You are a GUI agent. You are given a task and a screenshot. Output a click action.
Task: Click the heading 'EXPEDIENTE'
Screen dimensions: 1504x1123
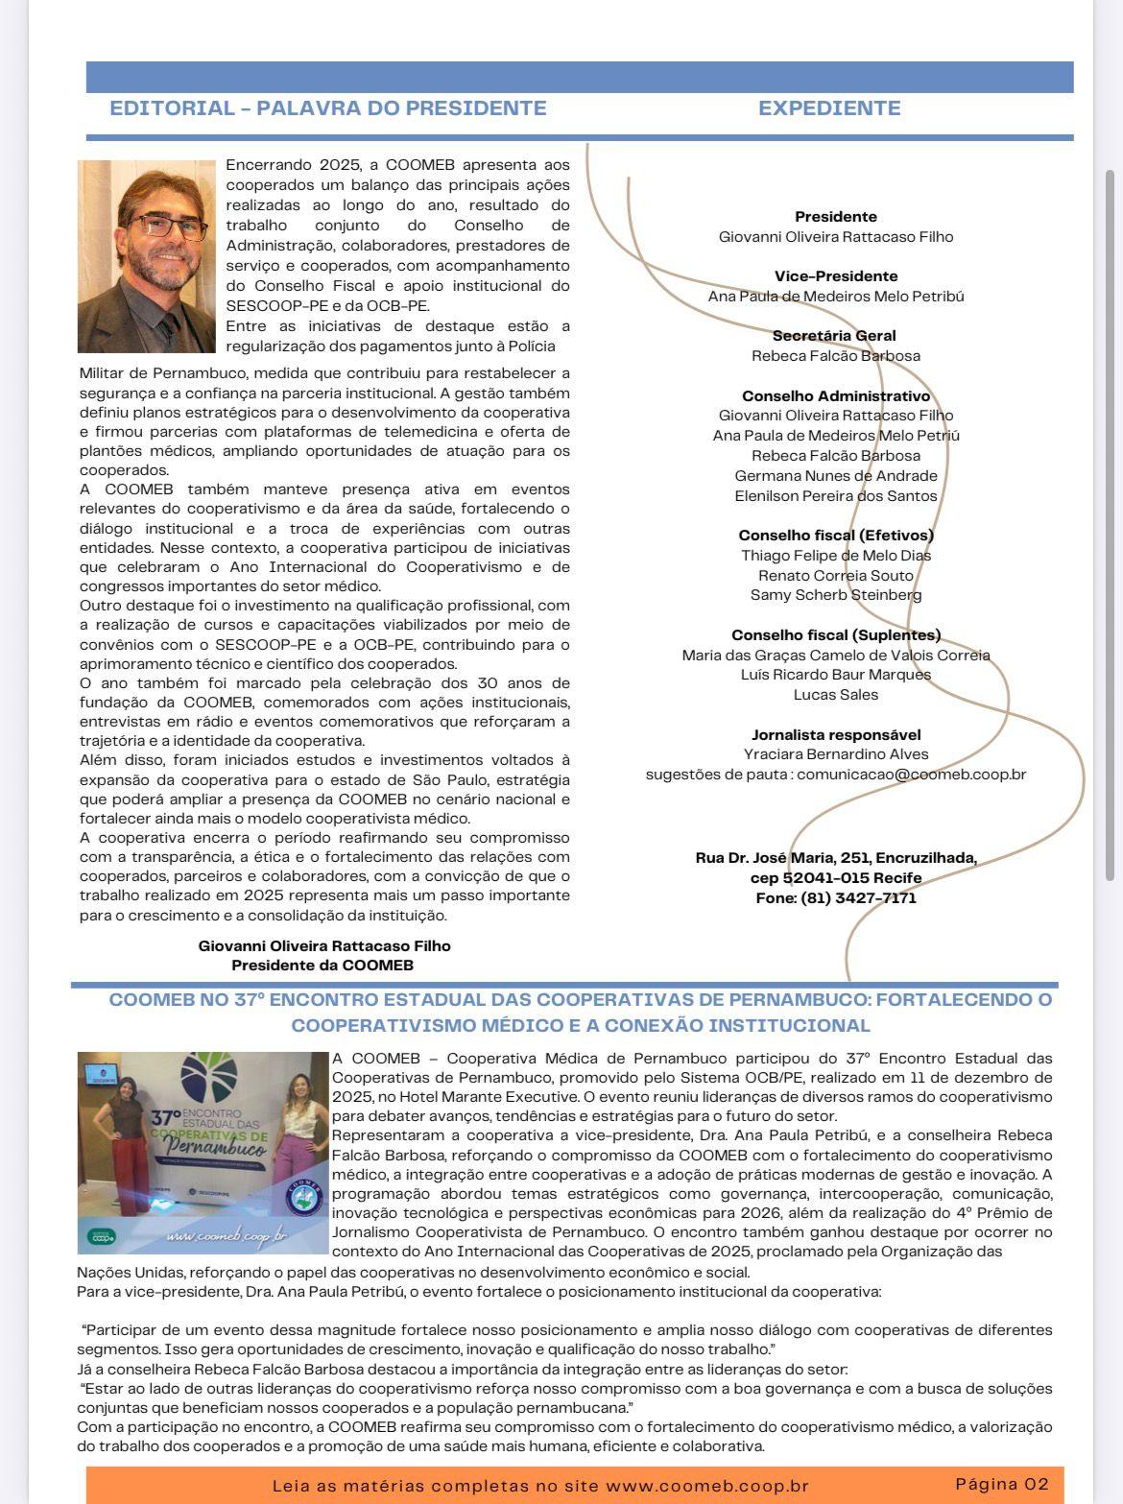[829, 108]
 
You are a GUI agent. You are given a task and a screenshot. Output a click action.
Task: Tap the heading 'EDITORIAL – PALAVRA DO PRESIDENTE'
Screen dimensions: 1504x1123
[328, 108]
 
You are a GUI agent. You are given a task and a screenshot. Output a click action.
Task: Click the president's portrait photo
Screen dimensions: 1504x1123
[147, 256]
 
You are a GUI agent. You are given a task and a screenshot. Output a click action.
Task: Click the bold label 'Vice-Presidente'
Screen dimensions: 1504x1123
[836, 276]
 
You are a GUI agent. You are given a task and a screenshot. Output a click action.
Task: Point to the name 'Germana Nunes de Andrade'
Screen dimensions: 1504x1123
[836, 476]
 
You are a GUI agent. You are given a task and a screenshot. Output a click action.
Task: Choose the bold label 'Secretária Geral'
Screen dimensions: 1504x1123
[834, 336]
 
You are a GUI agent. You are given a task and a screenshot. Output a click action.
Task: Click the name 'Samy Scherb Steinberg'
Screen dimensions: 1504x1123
[836, 595]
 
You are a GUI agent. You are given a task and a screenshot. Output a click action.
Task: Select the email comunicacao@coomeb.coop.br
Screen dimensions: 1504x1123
[911, 775]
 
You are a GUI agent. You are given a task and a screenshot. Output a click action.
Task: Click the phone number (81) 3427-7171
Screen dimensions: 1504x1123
[858, 898]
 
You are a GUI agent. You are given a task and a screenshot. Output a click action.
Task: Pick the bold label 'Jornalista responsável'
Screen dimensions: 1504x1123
[836, 735]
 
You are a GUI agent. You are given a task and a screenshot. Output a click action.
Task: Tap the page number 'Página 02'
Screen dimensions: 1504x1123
[1002, 1484]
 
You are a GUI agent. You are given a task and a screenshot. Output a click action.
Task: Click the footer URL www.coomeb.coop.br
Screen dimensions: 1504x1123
[707, 1486]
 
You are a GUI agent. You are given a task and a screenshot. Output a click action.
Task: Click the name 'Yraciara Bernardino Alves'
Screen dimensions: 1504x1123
[836, 754]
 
